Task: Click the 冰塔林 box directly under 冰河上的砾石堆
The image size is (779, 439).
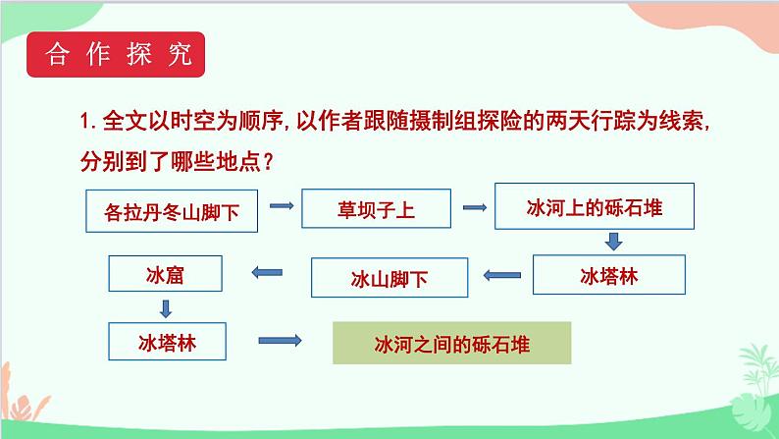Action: click(608, 274)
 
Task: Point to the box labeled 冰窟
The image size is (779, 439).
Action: click(168, 277)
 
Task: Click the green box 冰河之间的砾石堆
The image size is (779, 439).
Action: click(451, 345)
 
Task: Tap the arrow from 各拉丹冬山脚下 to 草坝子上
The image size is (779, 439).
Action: click(282, 206)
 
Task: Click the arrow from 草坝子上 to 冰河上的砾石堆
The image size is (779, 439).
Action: click(474, 207)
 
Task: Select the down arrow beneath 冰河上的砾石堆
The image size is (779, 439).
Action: click(613, 241)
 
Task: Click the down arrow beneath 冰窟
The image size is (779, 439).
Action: click(167, 308)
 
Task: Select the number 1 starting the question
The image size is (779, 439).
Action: click(86, 123)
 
